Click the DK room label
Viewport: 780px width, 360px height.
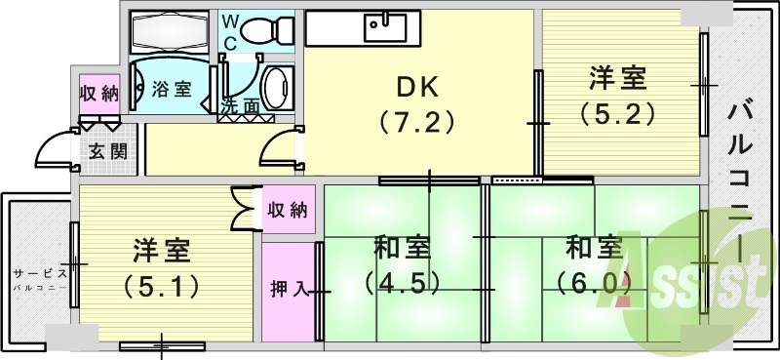416,86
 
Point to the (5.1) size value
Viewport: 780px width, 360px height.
161,286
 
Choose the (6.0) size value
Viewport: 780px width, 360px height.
594,283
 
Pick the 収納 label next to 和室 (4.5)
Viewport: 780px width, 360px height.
288,210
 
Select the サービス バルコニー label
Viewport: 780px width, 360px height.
40,279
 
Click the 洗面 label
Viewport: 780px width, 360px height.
240,106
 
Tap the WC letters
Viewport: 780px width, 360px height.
231,30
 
